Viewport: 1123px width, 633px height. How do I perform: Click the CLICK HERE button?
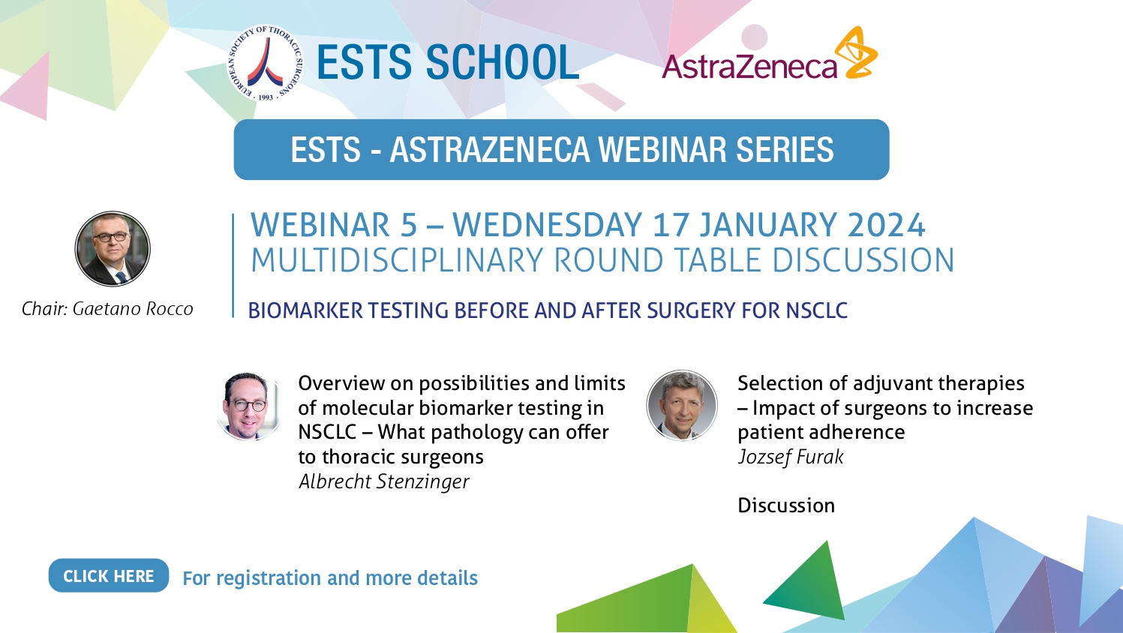coord(108,575)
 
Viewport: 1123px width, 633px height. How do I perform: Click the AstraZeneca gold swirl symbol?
coord(857,53)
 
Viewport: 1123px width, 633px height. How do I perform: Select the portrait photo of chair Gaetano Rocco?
coord(113,248)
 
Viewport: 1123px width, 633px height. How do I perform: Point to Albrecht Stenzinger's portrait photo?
coord(248,406)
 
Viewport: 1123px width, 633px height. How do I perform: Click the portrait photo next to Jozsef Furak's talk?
coord(682,406)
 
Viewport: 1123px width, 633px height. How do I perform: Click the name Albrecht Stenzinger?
coord(383,481)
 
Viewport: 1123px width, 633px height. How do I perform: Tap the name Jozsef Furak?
coord(791,457)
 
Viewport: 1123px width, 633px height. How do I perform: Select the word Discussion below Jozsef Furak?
coord(786,505)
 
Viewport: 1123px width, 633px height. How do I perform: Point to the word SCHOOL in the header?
coord(503,62)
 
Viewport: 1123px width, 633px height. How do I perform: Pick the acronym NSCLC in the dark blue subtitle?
coord(817,310)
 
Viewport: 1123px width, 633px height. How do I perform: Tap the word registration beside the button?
coord(269,578)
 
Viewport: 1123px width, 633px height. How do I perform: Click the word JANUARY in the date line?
coord(769,224)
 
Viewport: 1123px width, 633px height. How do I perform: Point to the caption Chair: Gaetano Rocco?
coord(107,309)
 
